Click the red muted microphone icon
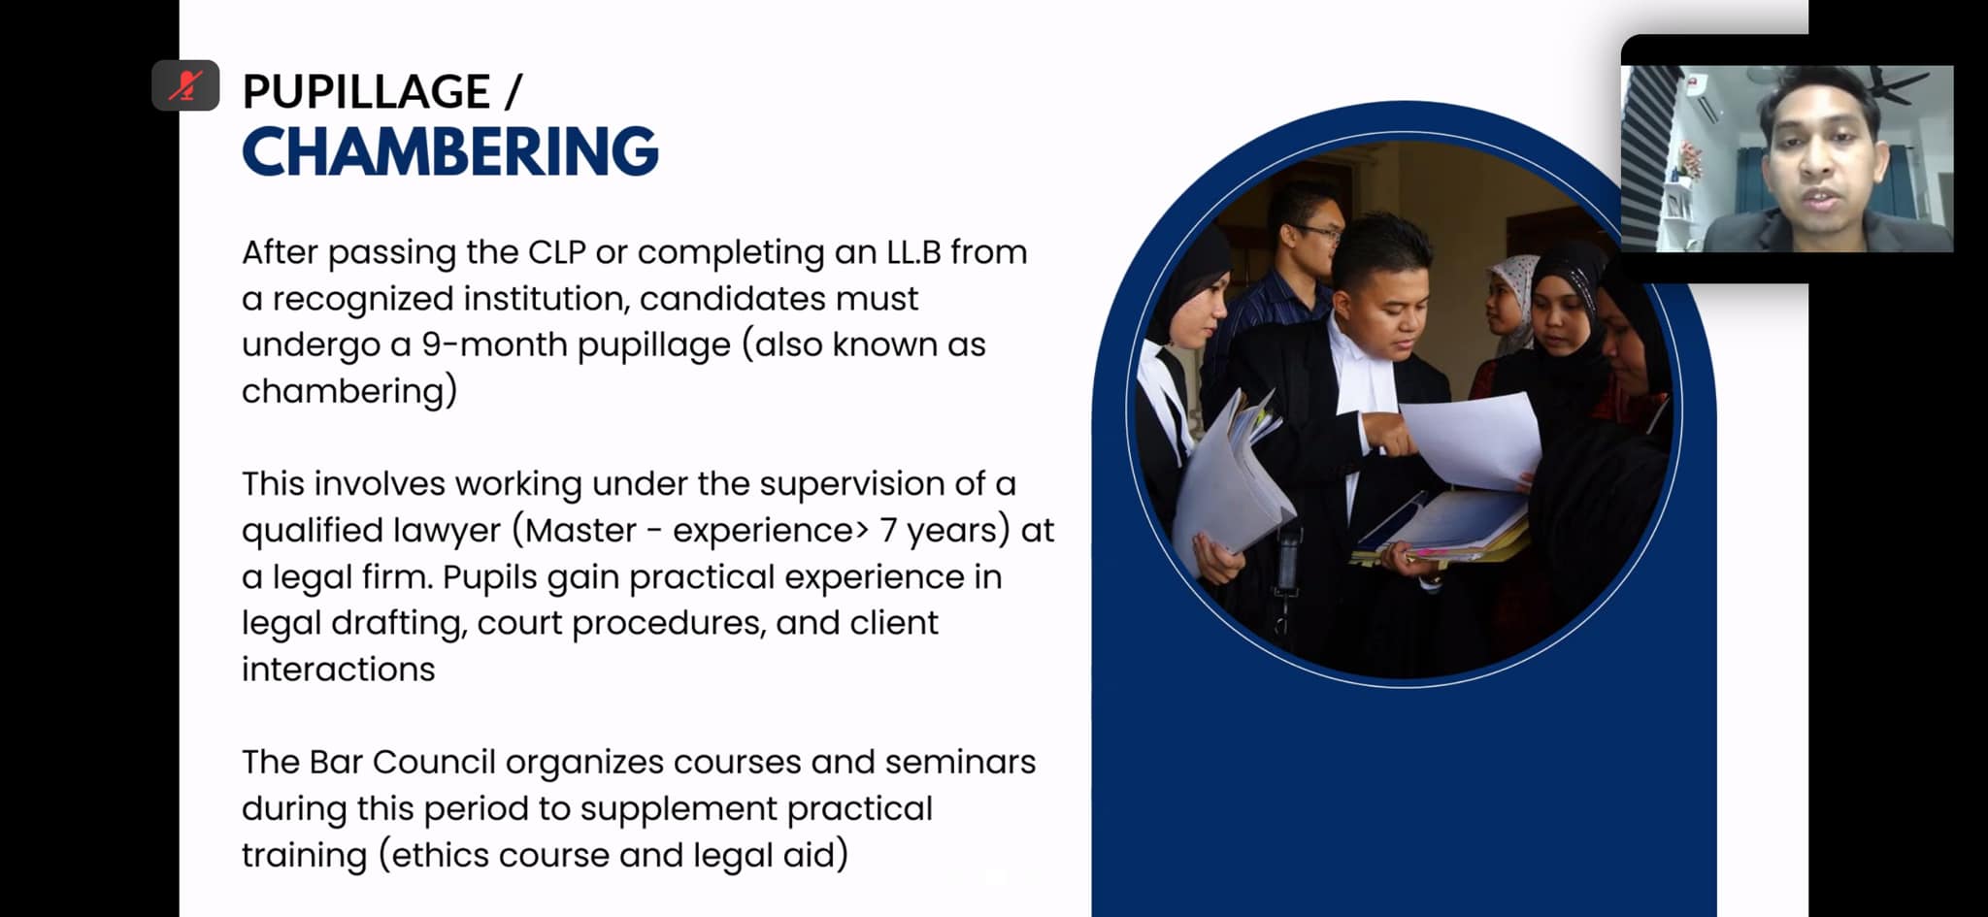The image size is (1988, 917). tap(185, 85)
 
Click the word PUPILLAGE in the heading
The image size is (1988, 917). tap(366, 92)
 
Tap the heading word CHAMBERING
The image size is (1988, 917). tap(450, 151)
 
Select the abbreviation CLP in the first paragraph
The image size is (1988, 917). tap(556, 251)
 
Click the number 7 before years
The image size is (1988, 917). tap(889, 530)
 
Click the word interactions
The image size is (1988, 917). tap(338, 669)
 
